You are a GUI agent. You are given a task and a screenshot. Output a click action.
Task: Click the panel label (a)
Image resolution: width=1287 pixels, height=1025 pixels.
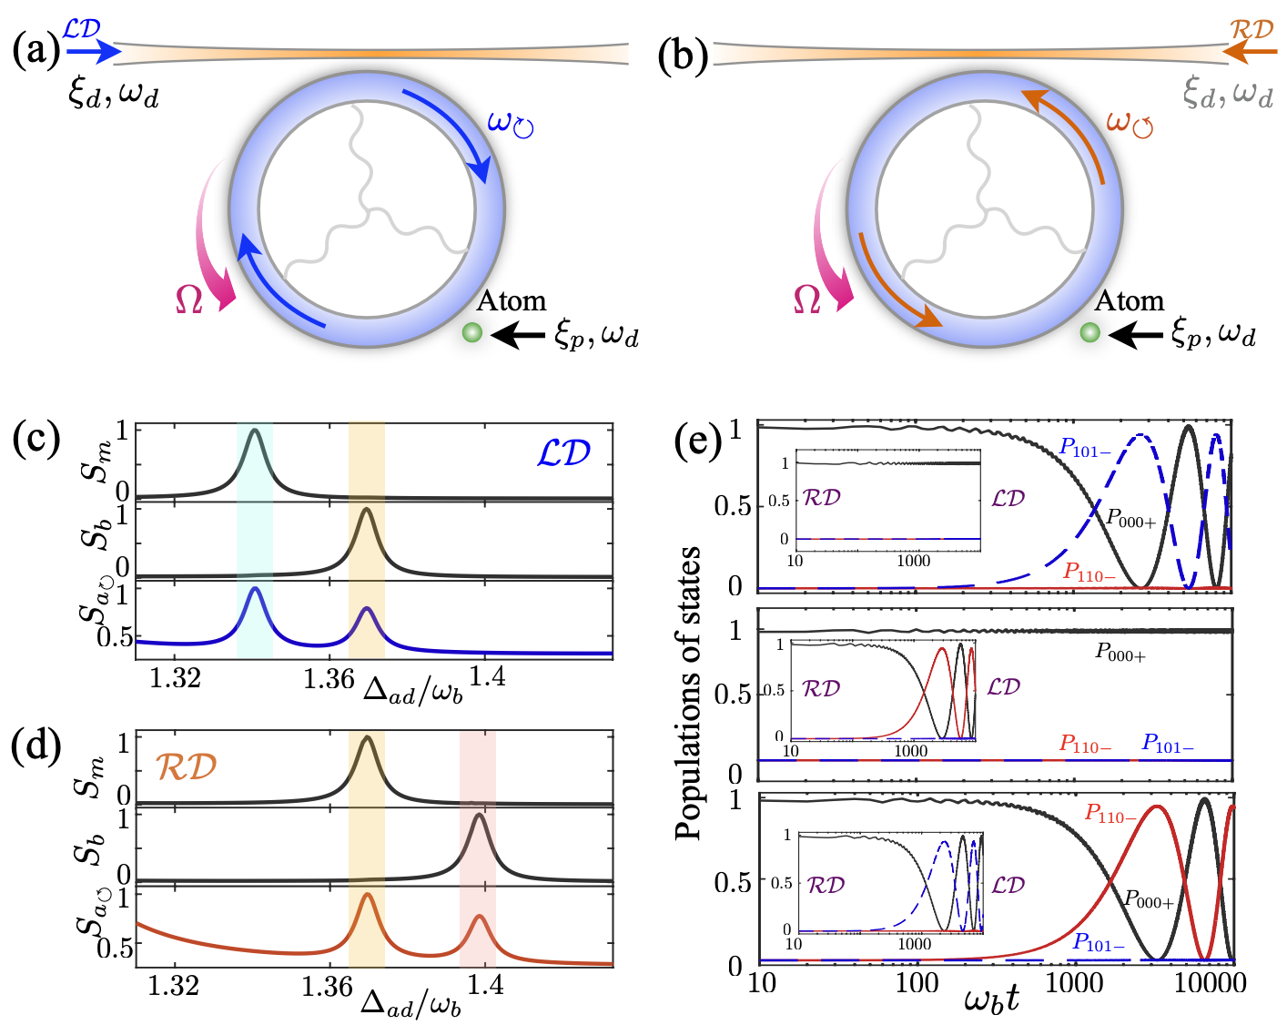point(35,52)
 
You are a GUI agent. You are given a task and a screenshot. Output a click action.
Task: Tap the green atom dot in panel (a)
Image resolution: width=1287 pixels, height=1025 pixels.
point(471,333)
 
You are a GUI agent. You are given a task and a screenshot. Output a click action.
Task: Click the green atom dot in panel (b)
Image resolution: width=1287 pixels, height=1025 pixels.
point(1089,333)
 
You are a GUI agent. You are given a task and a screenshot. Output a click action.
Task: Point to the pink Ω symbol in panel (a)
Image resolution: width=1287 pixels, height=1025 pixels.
point(188,299)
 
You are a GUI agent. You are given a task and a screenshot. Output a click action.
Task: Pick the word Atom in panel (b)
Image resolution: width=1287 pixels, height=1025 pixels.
point(1129,300)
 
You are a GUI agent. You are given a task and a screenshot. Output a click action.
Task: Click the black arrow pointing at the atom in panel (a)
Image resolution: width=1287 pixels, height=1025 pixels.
point(518,336)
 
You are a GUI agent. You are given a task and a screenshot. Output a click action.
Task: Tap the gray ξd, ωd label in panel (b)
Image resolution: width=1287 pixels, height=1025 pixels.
point(1227,92)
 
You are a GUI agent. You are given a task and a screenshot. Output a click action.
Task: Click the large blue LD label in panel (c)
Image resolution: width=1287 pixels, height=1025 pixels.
point(563,452)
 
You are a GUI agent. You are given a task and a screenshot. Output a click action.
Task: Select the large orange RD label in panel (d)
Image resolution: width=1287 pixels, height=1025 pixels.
point(186,766)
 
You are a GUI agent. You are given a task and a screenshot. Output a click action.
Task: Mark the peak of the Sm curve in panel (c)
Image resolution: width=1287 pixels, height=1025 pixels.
point(255,430)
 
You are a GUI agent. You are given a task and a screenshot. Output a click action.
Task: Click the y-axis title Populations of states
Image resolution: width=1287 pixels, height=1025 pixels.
point(689,692)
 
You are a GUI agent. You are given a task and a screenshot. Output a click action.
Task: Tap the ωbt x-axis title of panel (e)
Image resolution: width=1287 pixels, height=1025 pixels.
point(991,999)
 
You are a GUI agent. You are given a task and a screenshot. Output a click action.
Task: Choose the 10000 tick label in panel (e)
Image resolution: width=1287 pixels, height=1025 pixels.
point(1211,983)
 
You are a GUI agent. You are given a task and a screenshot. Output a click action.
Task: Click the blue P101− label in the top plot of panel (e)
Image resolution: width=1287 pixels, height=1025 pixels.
point(1084,449)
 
